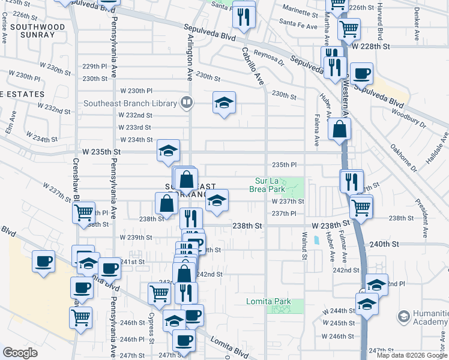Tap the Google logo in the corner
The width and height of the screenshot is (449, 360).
tap(20, 353)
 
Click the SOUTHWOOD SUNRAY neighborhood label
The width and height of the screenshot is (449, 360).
tap(37, 32)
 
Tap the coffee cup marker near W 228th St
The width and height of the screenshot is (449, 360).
tap(361, 74)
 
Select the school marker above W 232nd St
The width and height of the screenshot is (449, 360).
tap(224, 103)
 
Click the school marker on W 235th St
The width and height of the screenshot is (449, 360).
tap(168, 151)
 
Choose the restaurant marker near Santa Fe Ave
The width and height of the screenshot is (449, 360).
tap(243, 16)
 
